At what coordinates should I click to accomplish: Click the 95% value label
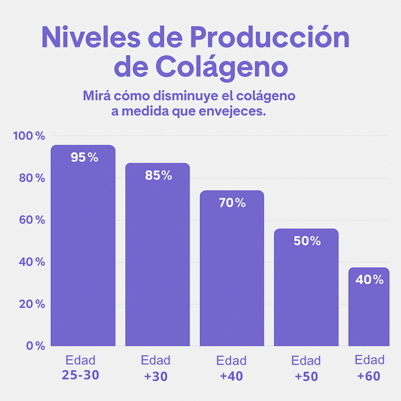click(x=84, y=158)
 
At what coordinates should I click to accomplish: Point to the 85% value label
click(x=158, y=176)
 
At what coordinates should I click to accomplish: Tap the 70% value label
click(x=233, y=203)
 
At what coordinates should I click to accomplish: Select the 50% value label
click(x=307, y=241)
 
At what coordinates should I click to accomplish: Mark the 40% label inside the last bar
click(x=370, y=280)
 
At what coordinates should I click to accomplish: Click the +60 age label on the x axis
click(x=369, y=376)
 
